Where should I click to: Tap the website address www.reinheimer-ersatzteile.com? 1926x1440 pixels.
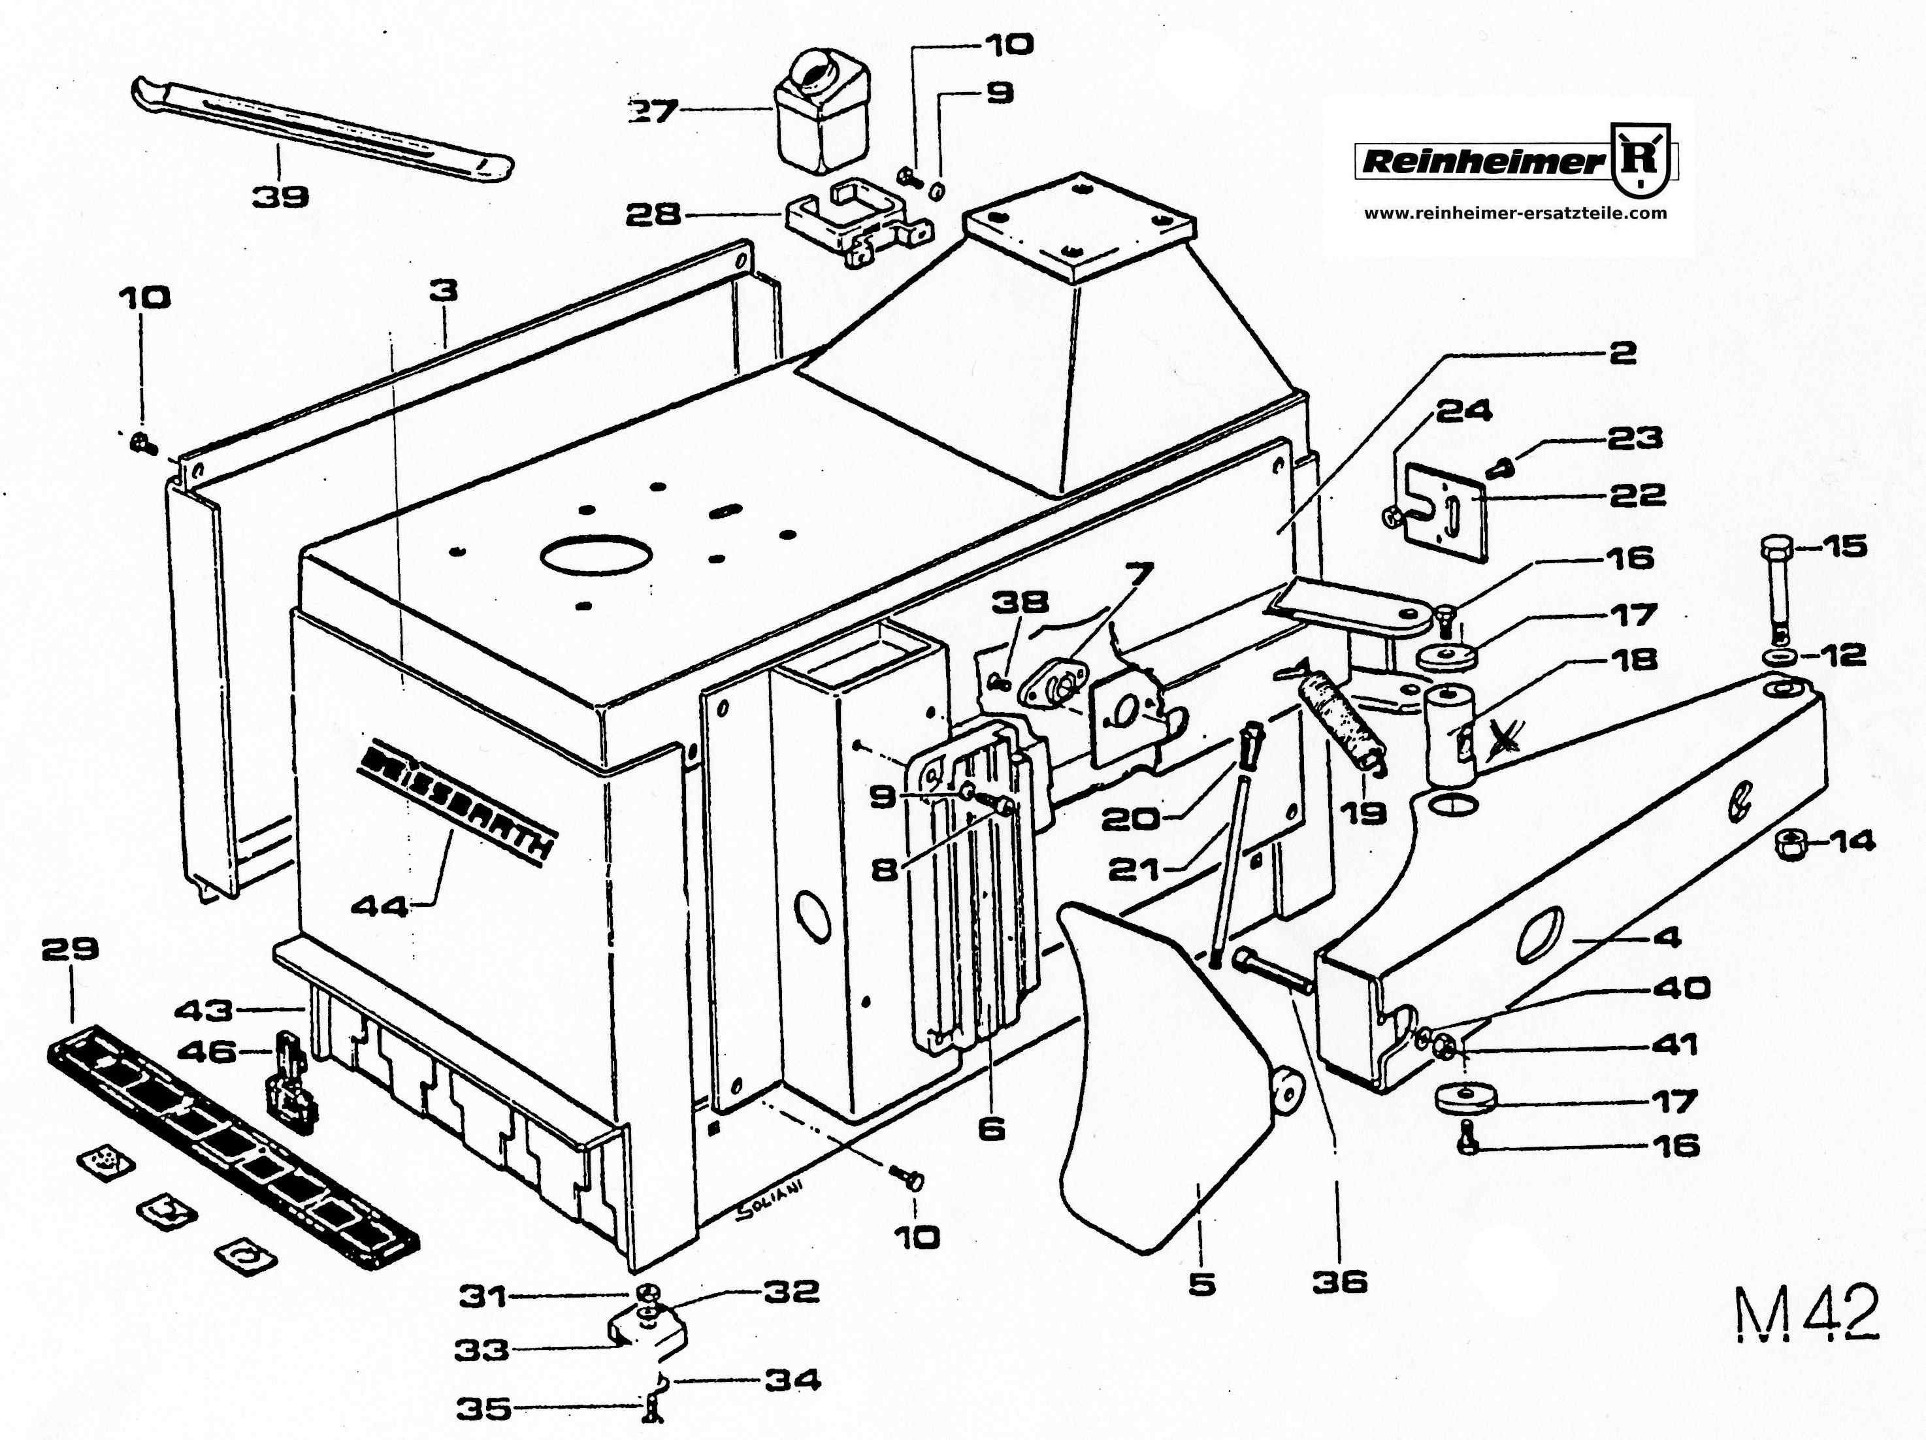[x=1515, y=212]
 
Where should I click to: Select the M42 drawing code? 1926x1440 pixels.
[x=1806, y=1314]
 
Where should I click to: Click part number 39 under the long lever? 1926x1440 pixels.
[x=281, y=197]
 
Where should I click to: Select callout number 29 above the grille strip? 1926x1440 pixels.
[x=71, y=948]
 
